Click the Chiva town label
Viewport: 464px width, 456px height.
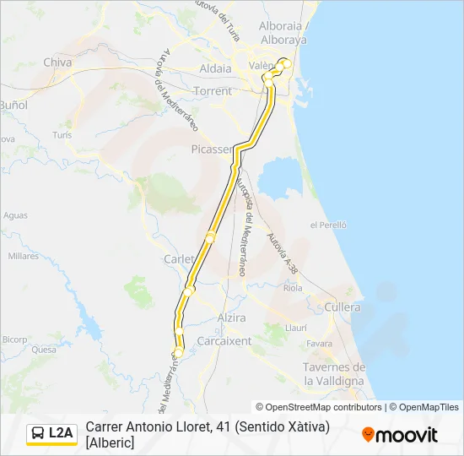[x=57, y=62]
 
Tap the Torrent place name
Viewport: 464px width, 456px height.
[x=213, y=90]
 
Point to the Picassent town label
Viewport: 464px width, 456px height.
[x=211, y=149]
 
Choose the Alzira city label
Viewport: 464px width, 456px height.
[x=231, y=318]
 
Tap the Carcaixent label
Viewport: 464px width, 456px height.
[x=224, y=341]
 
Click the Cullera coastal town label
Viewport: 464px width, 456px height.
[x=343, y=307]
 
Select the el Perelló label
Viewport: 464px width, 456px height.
[x=329, y=225]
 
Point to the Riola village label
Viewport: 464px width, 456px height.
[x=294, y=288]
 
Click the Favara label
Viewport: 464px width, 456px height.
[x=319, y=344]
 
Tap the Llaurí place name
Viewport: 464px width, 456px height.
[x=296, y=327]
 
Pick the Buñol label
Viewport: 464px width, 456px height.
[x=13, y=106]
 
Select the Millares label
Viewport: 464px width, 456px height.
[x=24, y=256]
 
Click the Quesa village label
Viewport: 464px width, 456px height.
[x=43, y=348]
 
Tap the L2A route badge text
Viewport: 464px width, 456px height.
[x=61, y=433]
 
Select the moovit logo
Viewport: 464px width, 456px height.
[x=400, y=434]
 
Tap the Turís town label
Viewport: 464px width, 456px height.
[x=62, y=135]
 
